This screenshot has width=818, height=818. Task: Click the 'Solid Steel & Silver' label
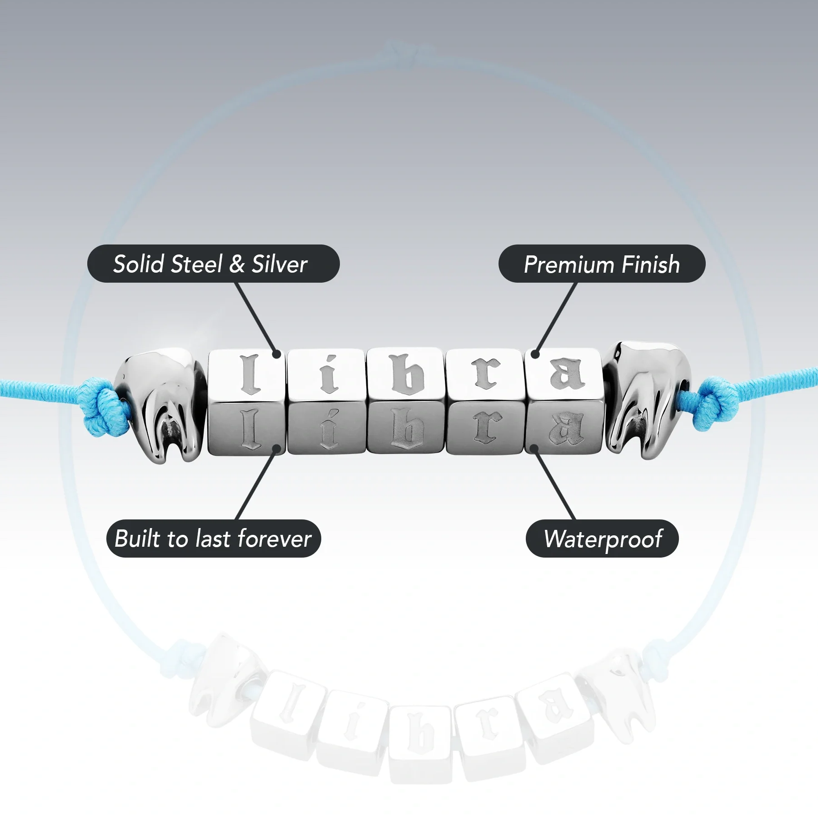tap(213, 264)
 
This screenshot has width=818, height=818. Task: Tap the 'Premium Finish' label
tap(602, 264)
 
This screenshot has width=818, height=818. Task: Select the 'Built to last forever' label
tap(214, 539)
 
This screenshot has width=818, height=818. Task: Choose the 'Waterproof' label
tap(602, 539)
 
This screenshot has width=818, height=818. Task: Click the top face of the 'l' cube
tap(247, 374)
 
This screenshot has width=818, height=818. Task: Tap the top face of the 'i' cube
tap(327, 374)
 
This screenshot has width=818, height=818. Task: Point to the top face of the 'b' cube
tap(406, 374)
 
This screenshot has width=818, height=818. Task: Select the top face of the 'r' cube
tap(485, 374)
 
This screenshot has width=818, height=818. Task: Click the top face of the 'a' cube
tap(564, 374)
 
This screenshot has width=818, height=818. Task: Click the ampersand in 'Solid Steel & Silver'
tap(237, 264)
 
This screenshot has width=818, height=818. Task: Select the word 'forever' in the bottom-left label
tap(274, 539)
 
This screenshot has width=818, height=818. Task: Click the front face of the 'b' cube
tap(406, 428)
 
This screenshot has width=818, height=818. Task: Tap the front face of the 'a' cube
tap(564, 428)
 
